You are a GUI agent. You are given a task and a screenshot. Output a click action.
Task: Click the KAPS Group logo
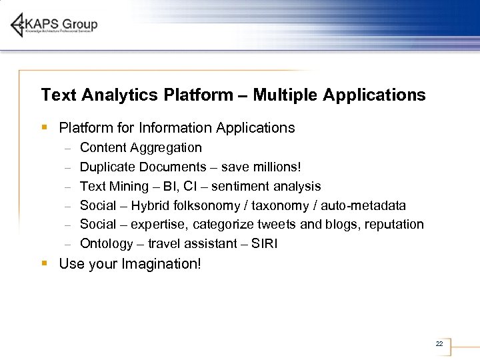(x=55, y=25)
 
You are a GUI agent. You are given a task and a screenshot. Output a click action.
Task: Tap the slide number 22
(x=439, y=344)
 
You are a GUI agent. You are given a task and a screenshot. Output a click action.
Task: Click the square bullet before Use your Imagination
(x=44, y=263)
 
